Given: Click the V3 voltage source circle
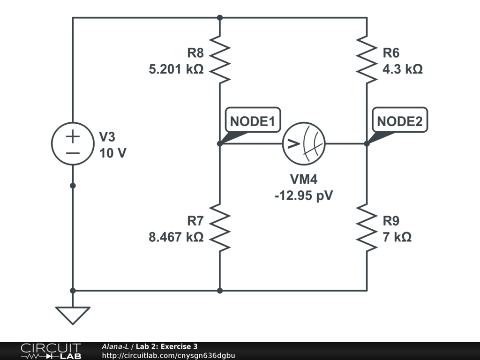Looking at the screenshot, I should click(x=73, y=144).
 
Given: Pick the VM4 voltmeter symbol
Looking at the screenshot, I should click(x=304, y=143).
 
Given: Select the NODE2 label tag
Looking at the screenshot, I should click(x=400, y=122).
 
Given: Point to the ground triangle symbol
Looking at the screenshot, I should click(x=73, y=315).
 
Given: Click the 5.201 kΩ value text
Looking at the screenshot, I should click(x=176, y=69).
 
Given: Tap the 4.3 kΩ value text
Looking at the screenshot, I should click(x=403, y=69).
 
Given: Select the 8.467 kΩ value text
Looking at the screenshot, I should click(x=176, y=237).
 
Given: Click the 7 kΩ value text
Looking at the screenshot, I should click(x=397, y=237).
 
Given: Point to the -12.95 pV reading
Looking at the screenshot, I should click(x=304, y=195).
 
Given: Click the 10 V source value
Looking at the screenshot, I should click(x=112, y=153).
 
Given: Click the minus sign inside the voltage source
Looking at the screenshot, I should click(x=73, y=153).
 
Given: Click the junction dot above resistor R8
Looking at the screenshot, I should click(x=220, y=18).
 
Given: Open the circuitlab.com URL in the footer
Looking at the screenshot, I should click(x=168, y=355).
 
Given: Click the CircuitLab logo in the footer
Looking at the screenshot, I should click(x=51, y=351).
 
